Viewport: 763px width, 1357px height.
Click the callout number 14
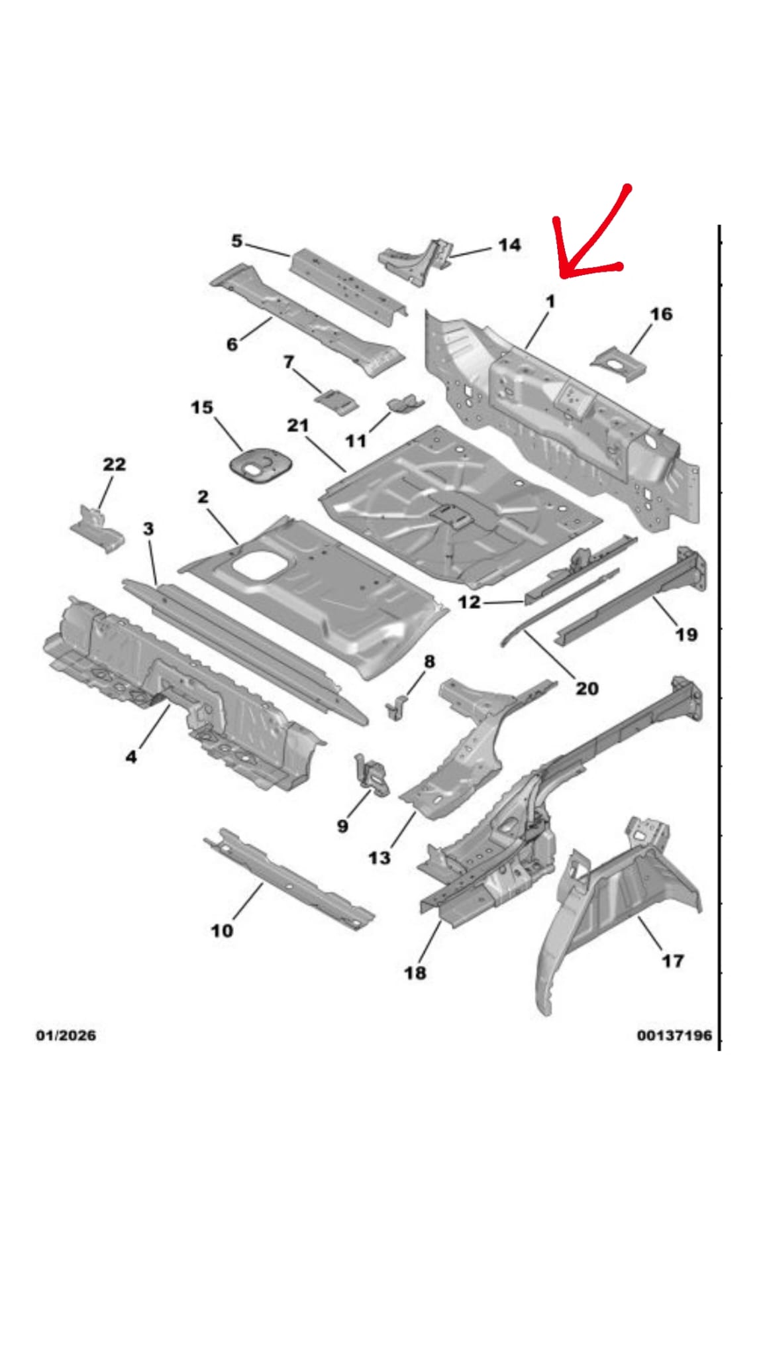coord(509,245)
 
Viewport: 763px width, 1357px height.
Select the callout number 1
coord(550,301)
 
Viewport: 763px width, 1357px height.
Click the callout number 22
coord(114,464)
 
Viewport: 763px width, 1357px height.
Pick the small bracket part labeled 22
coord(97,528)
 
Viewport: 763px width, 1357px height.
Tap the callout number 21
coord(298,425)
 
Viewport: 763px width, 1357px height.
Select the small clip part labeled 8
coord(397,706)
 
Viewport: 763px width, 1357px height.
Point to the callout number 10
coord(222,930)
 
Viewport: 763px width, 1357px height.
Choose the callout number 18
coord(415,973)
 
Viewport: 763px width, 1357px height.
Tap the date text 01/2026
coord(66,1035)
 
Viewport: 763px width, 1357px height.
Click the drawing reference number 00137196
coord(674,1035)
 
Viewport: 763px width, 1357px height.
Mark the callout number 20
coord(587,688)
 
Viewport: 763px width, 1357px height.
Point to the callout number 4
coord(131,756)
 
